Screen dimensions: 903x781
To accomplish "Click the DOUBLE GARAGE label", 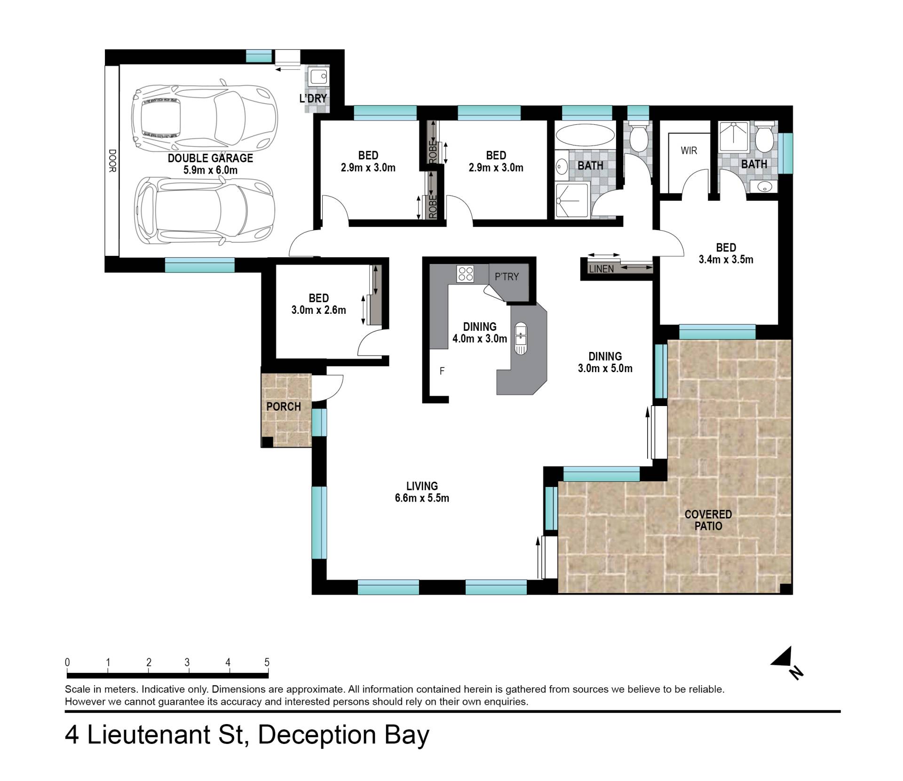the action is (210, 158).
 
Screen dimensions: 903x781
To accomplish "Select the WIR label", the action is (689, 151).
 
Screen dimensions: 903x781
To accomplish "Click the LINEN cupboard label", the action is (601, 269).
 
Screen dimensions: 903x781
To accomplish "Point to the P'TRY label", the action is (507, 277).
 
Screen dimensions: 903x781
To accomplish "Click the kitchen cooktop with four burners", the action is (466, 274).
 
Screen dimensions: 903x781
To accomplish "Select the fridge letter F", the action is (442, 371).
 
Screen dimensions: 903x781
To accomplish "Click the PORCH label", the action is (284, 406).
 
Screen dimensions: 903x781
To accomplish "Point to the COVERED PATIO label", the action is (708, 520).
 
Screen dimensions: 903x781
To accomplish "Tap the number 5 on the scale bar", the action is (267, 662).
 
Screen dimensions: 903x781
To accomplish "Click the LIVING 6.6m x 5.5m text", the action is (422, 492).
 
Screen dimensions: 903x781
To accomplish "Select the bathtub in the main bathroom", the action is (585, 136).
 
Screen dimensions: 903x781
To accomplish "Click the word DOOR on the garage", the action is (112, 161).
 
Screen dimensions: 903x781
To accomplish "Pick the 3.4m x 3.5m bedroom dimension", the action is (726, 259).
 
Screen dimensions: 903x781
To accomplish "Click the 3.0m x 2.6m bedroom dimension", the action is (319, 310).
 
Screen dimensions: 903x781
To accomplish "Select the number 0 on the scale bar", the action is (68, 662).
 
